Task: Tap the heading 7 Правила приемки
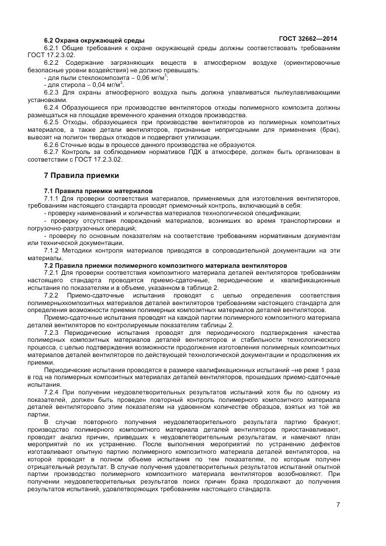(x=81, y=175)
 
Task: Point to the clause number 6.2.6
(x=53, y=145)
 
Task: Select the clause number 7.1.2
(x=53, y=250)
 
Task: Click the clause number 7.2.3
(x=53, y=332)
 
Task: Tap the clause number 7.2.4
(x=53, y=393)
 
